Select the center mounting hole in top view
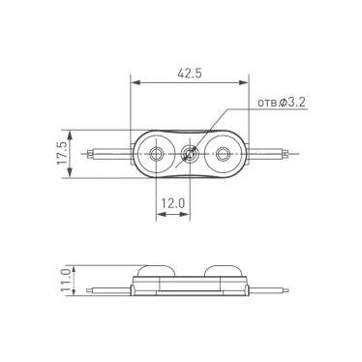[x=191, y=153]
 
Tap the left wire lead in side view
[x=105, y=288]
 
